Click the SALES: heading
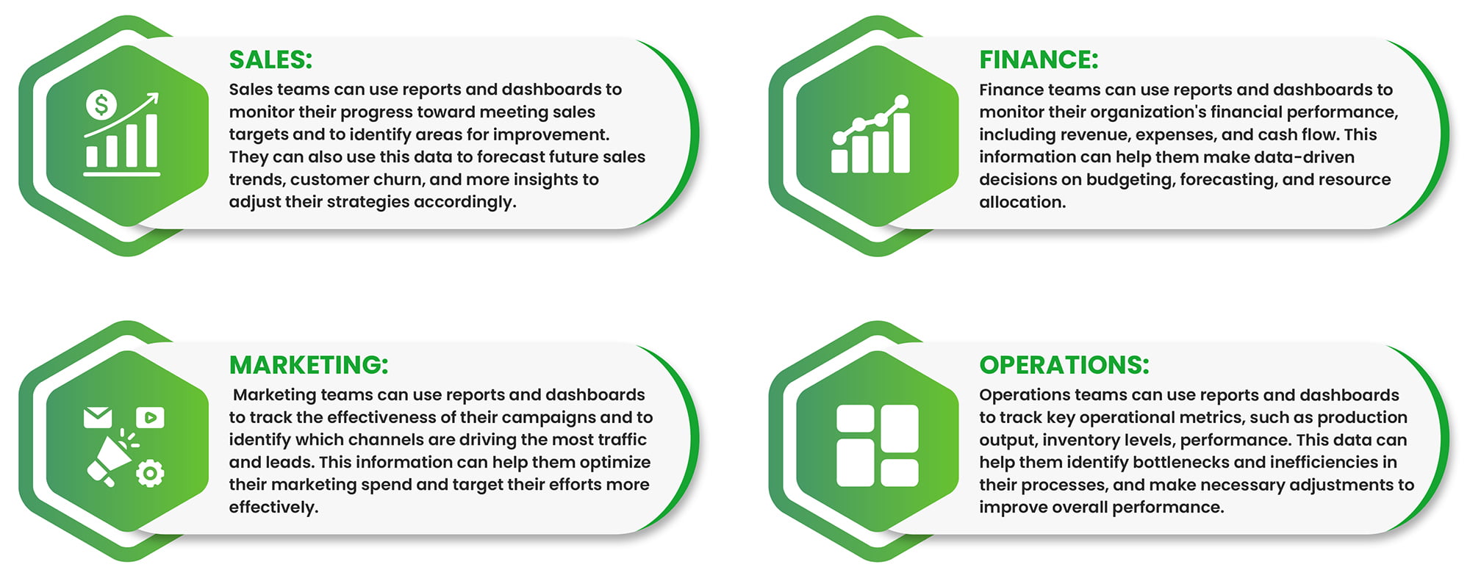tap(270, 59)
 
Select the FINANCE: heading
tap(1039, 59)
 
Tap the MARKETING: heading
tap(309, 365)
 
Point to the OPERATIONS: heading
tap(1064, 365)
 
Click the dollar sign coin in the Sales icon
tap(101, 104)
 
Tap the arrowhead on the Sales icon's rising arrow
tap(153, 98)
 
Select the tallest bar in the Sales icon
tap(151, 140)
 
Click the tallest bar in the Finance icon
tap(900, 142)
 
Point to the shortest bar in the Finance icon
tap(839, 161)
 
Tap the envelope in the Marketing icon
tap(98, 417)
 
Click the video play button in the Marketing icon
tap(150, 417)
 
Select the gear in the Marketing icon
tap(150, 473)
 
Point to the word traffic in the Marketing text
tap(623, 439)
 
